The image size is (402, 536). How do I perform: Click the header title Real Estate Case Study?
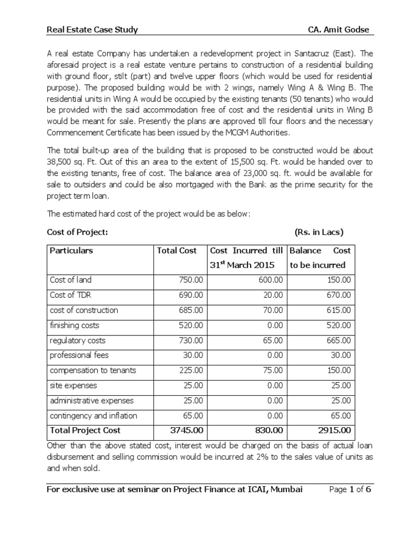pos(92,30)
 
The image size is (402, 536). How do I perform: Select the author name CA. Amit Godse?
pos(338,30)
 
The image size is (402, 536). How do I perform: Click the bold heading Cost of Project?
pos(77,232)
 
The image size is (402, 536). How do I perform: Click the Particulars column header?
pos(71,251)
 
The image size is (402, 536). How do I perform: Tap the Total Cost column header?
pos(177,251)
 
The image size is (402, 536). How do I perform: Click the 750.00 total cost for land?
pos(192,280)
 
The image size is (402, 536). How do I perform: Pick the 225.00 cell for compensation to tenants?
pos(192,371)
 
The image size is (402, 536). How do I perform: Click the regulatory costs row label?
pos(77,340)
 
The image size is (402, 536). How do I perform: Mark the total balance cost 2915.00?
pos(336,431)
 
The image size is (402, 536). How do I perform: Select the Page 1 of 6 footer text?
pos(349,490)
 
